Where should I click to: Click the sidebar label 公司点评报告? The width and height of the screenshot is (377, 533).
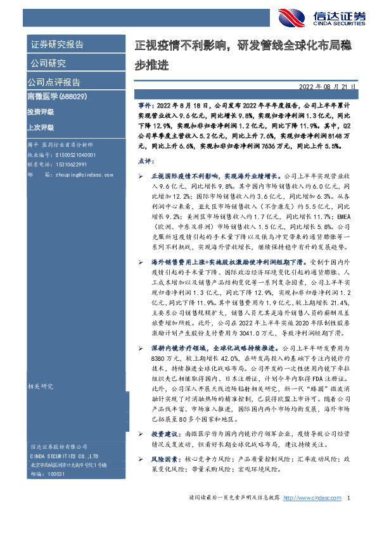tap(54, 82)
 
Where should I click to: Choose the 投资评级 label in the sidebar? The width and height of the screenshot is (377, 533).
tap(40, 111)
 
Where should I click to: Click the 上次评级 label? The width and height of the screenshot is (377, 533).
tap(40, 127)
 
